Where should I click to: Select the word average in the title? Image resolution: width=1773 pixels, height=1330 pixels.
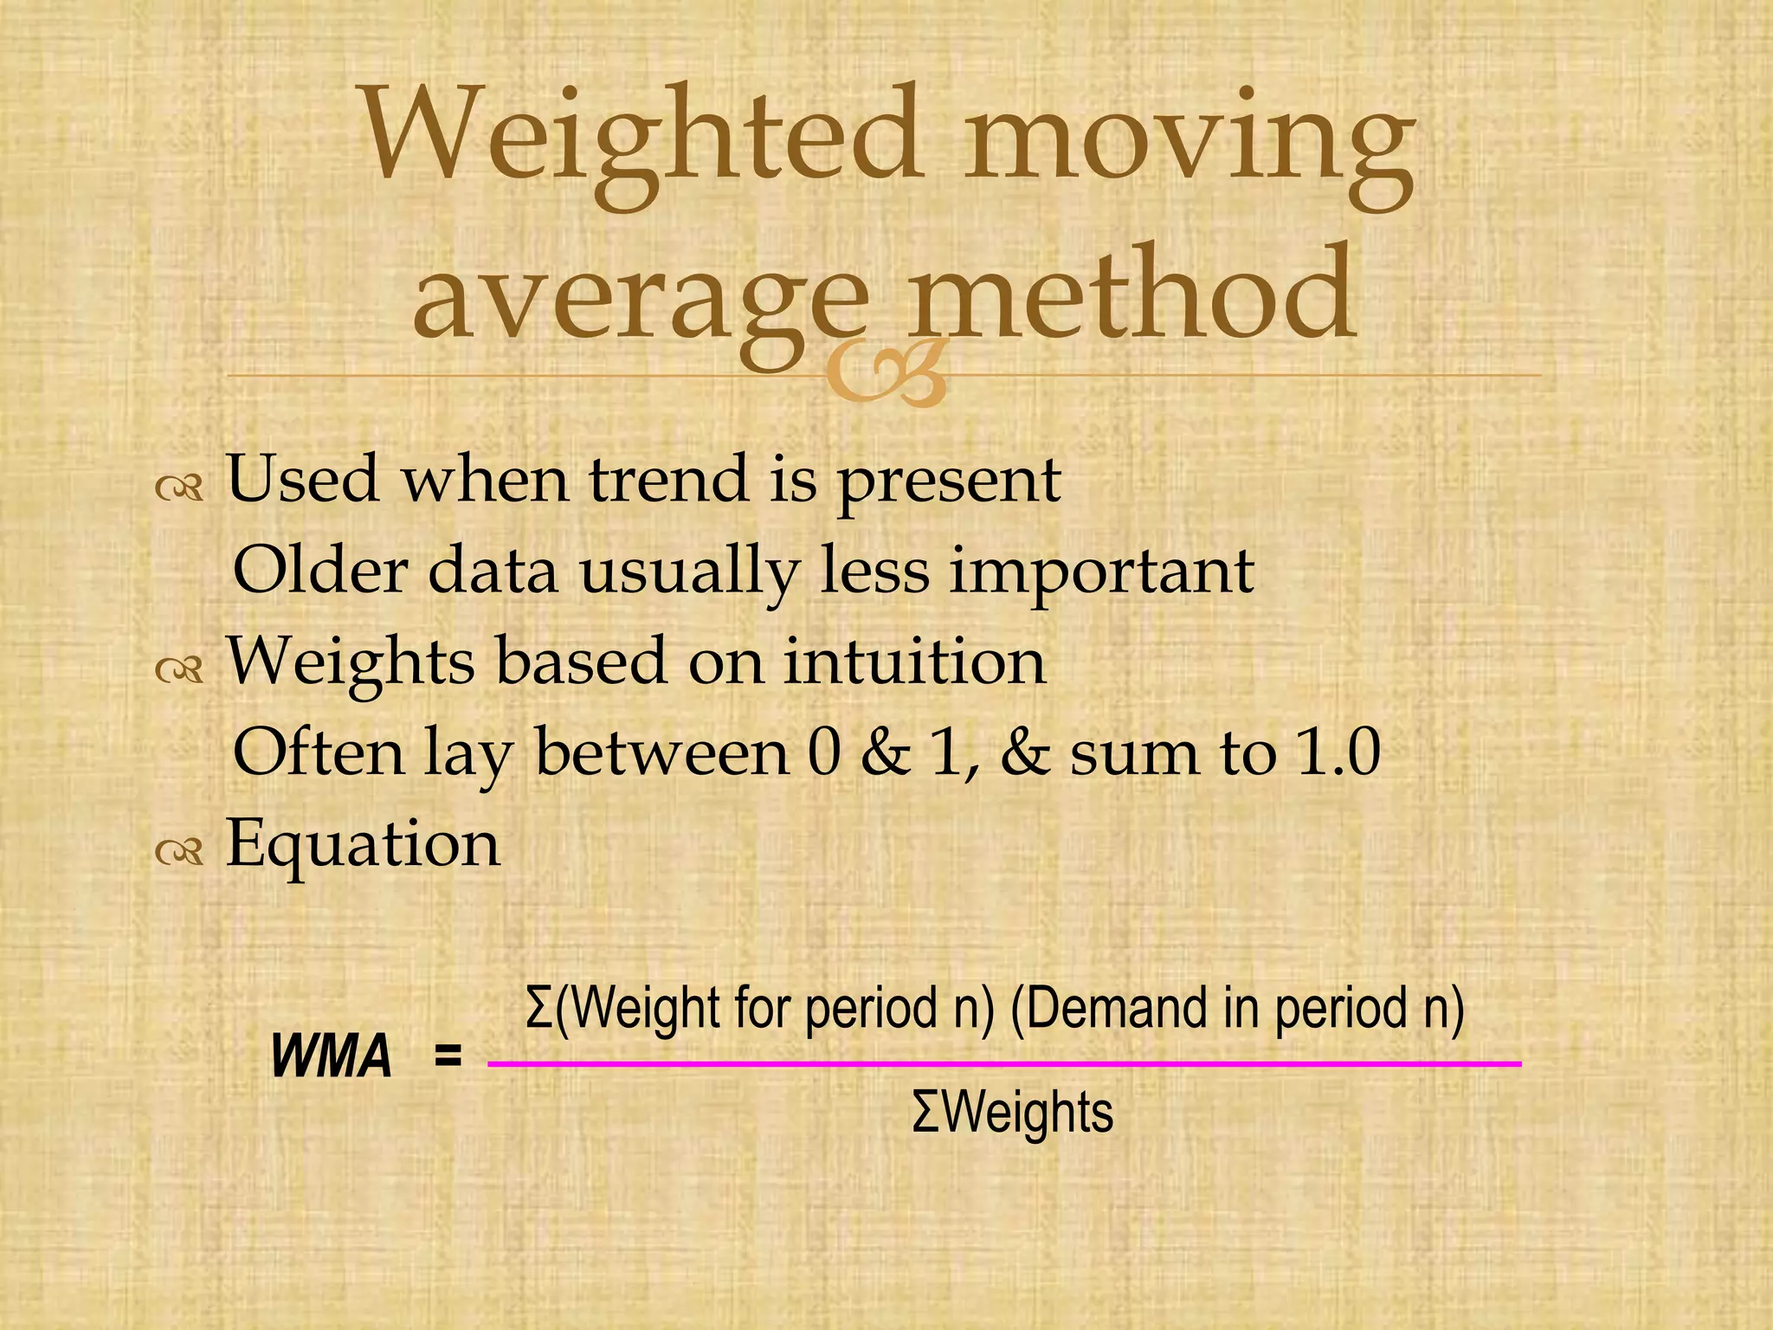[x=641, y=299]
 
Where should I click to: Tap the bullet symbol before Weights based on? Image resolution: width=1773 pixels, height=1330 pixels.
[x=180, y=669]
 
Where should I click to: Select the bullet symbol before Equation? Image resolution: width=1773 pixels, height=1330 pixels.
[x=180, y=851]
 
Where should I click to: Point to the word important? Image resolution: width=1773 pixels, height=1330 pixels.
[x=1101, y=574]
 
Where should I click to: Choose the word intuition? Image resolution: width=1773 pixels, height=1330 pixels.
[x=914, y=662]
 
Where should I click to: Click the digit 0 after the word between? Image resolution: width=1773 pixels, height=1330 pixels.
[x=823, y=752]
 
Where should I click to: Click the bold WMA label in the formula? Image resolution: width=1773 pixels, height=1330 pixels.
[x=332, y=1057]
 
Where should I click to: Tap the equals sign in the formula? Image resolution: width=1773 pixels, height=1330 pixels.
[x=448, y=1056]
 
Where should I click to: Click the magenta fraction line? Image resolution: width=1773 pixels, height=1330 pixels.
[x=1004, y=1063]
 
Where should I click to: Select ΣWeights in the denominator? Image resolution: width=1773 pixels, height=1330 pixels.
[x=1012, y=1114]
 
